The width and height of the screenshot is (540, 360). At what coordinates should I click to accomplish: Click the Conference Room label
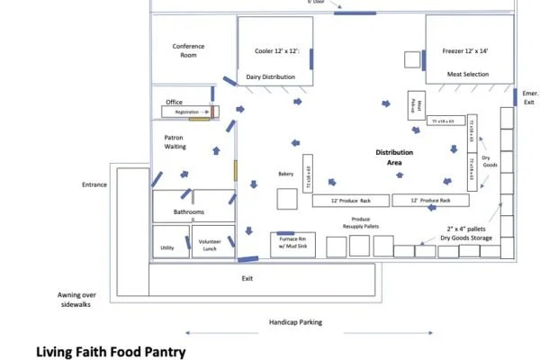click(x=188, y=50)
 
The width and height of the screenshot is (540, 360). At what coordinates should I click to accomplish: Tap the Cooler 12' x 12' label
click(x=271, y=51)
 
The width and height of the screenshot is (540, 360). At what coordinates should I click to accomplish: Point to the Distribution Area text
click(x=395, y=157)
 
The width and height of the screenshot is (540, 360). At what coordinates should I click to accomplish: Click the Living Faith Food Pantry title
click(x=111, y=351)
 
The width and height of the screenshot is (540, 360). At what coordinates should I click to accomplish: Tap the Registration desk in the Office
click(x=186, y=112)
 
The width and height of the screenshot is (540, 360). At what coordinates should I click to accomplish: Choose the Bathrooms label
click(x=189, y=212)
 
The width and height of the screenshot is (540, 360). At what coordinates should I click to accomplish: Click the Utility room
click(x=167, y=247)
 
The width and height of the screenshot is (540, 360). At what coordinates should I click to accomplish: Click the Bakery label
click(x=286, y=174)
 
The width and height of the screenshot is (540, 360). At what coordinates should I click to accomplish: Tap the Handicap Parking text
click(x=296, y=321)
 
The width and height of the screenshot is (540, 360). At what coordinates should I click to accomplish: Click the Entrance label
click(x=92, y=184)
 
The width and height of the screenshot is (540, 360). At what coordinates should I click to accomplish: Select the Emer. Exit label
click(x=528, y=97)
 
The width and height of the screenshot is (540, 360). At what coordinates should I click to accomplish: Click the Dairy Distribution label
click(x=271, y=77)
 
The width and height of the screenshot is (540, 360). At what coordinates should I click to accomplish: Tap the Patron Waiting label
click(x=174, y=142)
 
